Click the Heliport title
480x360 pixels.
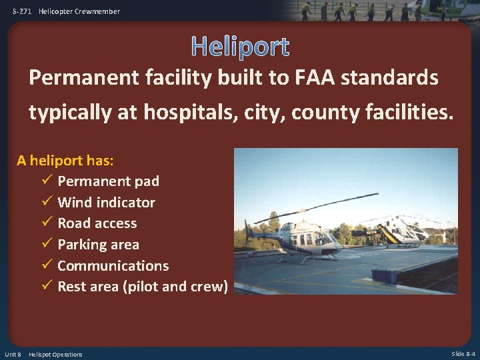pos(240,46)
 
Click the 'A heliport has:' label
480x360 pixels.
pos(65,160)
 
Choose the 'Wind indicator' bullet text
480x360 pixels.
pos(106,202)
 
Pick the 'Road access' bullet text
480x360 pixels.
pos(97,223)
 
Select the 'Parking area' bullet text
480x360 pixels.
pos(98,245)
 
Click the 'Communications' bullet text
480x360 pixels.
pos(113,265)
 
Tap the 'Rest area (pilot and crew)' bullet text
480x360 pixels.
pos(143,287)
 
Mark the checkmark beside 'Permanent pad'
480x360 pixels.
pos(47,181)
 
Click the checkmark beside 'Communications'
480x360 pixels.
pos(47,265)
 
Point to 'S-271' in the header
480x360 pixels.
pos(22,11)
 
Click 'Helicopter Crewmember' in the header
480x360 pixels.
pos(79,11)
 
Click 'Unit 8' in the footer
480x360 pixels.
pos(13,354)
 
